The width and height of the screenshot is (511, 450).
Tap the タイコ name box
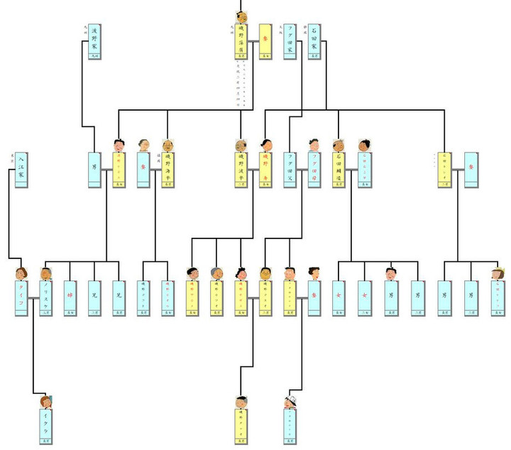pos(21,298)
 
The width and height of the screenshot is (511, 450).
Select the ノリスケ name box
pos(46,298)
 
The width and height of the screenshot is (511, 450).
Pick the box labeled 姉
pos(70,298)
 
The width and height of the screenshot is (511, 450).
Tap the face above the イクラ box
pos(46,402)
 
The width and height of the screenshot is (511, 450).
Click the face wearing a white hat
pos(290,402)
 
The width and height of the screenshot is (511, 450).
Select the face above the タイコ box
pos(21,273)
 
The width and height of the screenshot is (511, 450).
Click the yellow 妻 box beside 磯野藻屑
pos(266,42)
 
